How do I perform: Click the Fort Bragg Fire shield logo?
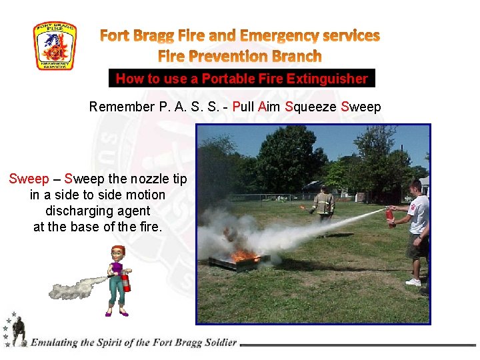click(x=55, y=46)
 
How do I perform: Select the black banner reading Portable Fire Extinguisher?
click(x=242, y=79)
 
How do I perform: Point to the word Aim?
click(x=269, y=107)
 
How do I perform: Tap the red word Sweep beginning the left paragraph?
click(x=29, y=179)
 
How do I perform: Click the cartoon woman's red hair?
click(x=118, y=251)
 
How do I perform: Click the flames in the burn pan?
click(x=244, y=255)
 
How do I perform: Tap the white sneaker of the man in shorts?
click(x=413, y=282)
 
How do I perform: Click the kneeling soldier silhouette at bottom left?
click(x=18, y=330)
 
